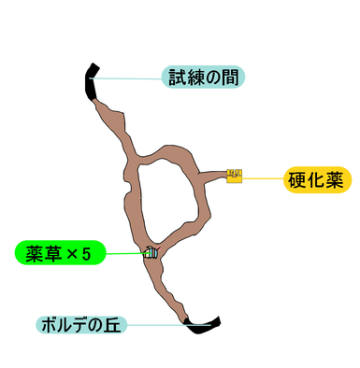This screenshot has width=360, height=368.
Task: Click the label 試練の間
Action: [x=203, y=77]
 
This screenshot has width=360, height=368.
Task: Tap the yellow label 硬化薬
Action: [x=317, y=180]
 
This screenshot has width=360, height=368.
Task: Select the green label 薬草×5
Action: [x=60, y=252]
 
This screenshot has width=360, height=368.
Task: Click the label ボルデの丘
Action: [x=81, y=325]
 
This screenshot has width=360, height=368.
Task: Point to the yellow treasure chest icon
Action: [x=235, y=176]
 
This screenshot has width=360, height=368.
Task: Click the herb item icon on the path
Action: [x=151, y=252]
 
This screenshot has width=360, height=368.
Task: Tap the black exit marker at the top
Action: [x=90, y=81]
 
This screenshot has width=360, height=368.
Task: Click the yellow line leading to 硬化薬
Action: [x=263, y=178]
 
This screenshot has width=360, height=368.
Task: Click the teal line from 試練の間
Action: [x=126, y=78]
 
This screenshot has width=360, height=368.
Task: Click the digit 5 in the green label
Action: [x=87, y=254]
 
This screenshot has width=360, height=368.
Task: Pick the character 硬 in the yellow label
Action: [x=296, y=180]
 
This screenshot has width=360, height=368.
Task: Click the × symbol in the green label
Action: [x=73, y=254]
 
